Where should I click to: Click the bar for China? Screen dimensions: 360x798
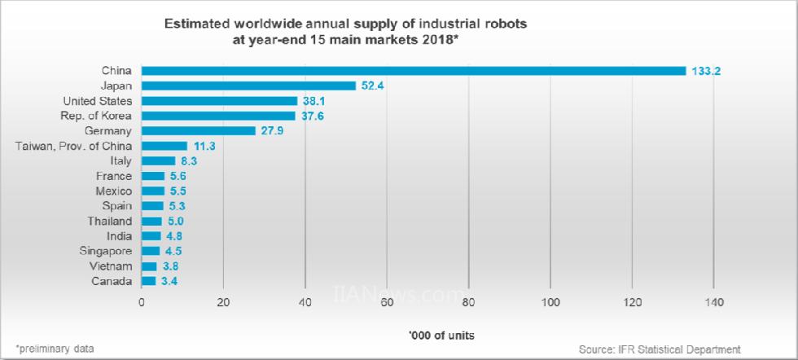pos(414,71)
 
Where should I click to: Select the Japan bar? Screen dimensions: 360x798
pos(248,86)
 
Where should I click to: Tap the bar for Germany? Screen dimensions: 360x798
pos(199,130)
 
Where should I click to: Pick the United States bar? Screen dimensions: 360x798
pos(219,101)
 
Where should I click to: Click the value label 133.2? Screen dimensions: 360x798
pos(707,71)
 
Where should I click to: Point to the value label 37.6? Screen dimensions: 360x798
pos(313,116)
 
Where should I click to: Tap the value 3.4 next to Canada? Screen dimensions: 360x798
pos(169,281)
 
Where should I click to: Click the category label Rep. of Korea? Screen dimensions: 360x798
pos(98,116)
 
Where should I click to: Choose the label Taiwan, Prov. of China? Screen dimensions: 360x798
pos(74,146)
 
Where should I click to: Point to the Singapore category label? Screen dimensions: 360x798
pos(105,251)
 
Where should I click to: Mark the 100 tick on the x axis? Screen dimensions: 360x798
pos(550,303)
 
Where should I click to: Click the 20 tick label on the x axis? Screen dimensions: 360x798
pos(223,303)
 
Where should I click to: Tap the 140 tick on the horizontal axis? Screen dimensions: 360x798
pos(713,303)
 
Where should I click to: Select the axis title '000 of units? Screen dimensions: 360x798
pos(443,335)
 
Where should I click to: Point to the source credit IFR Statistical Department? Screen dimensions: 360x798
pos(660,349)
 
